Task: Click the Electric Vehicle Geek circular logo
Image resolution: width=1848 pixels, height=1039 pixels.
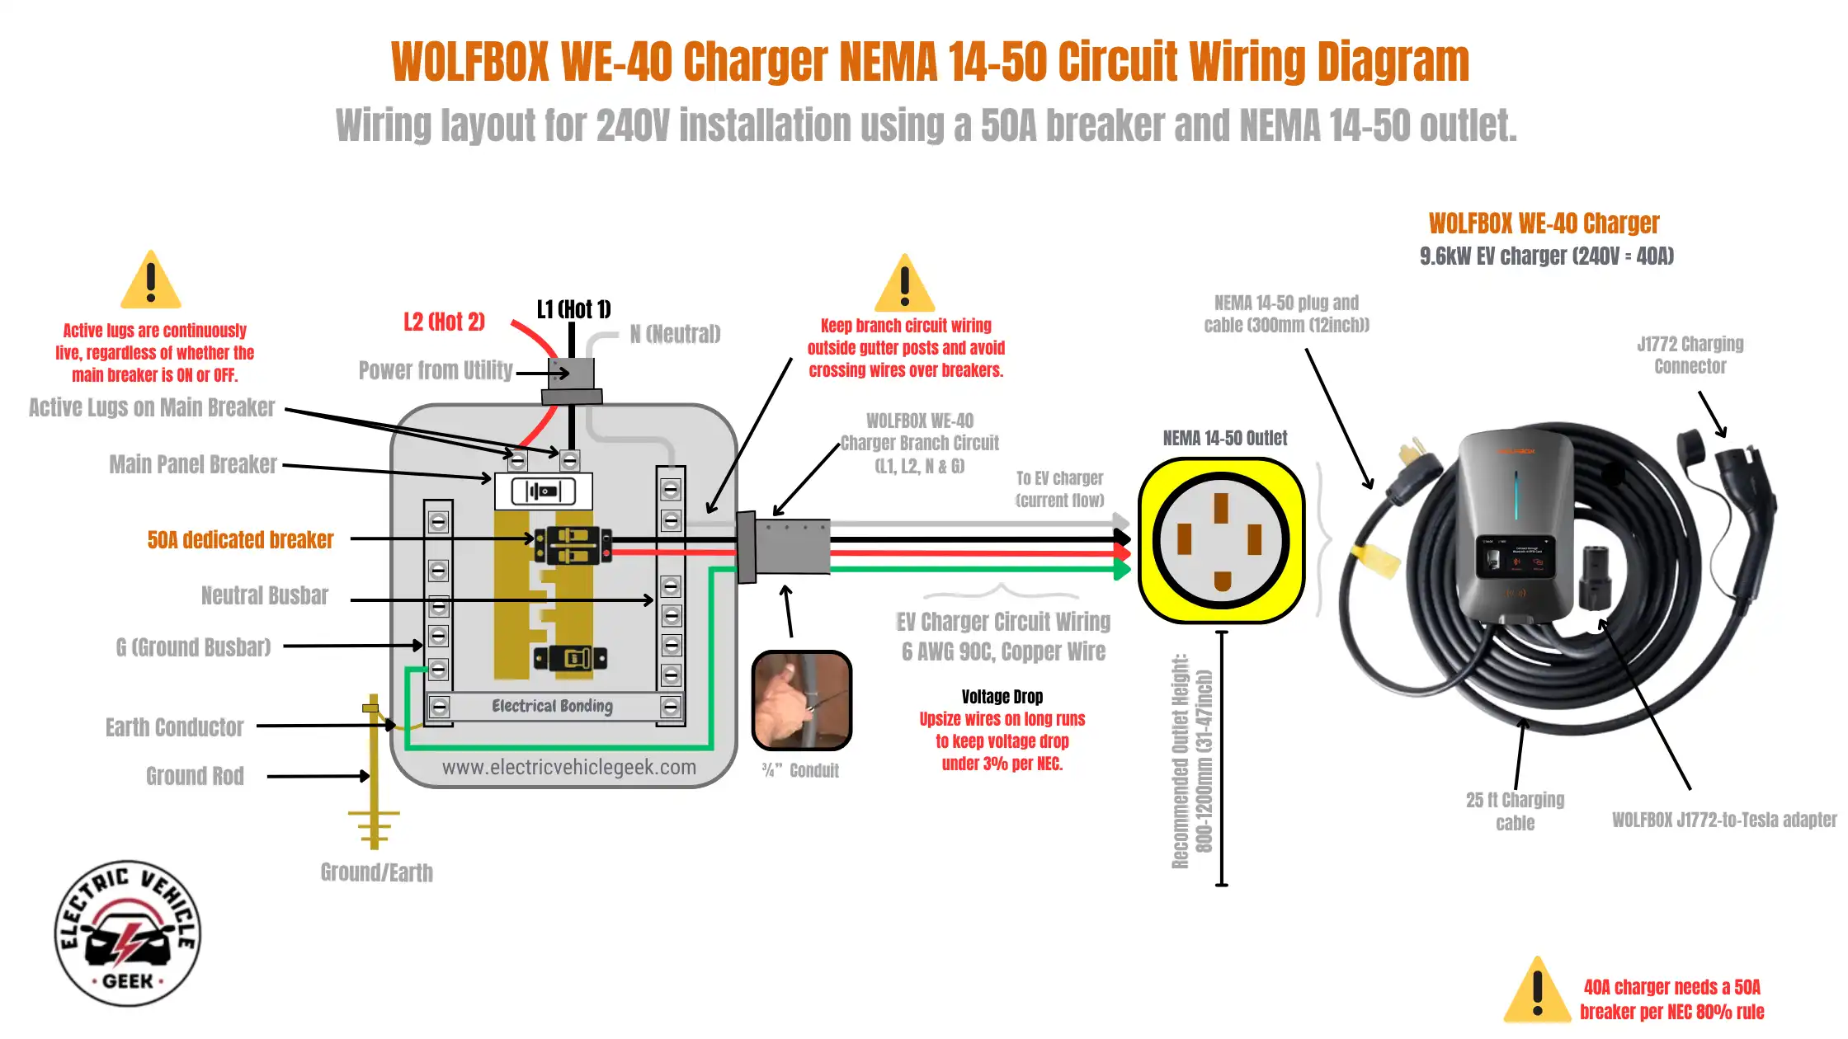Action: coord(128,934)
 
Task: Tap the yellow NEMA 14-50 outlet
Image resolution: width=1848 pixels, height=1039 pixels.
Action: coord(1221,541)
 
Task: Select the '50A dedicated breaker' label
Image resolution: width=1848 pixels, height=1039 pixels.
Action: coord(240,540)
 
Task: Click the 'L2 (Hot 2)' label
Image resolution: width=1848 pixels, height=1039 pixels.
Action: coord(444,322)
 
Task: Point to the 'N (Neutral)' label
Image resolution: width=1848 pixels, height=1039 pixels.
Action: coord(675,334)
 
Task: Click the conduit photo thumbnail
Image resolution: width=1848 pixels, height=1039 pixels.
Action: coord(801,701)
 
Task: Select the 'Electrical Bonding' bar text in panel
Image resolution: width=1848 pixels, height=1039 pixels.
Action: coord(552,706)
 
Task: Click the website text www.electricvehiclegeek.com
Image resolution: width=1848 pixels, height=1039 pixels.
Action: coord(568,768)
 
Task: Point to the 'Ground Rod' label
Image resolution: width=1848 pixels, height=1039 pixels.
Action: coord(195,776)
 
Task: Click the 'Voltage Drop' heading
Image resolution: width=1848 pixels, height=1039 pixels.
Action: coord(1002,697)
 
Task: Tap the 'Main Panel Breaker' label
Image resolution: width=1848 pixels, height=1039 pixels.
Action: coord(193,464)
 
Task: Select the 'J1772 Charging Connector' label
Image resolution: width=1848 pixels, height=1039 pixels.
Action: coord(1690,355)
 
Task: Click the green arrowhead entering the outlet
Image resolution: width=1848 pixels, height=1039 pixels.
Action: coord(1122,568)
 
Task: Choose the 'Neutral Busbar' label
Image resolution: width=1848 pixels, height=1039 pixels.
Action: coord(264,595)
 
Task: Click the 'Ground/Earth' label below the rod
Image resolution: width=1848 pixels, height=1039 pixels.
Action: coord(376,872)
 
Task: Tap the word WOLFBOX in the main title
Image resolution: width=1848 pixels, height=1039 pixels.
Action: coord(469,62)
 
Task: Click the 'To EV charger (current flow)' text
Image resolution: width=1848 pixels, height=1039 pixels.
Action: coord(1059,489)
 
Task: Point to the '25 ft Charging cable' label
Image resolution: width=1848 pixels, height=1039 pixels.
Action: coord(1515,811)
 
